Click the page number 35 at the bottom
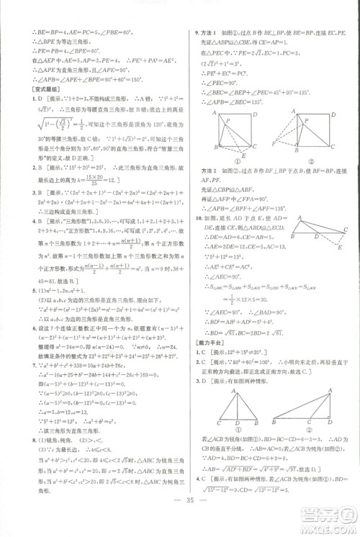[x=180, y=520]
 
